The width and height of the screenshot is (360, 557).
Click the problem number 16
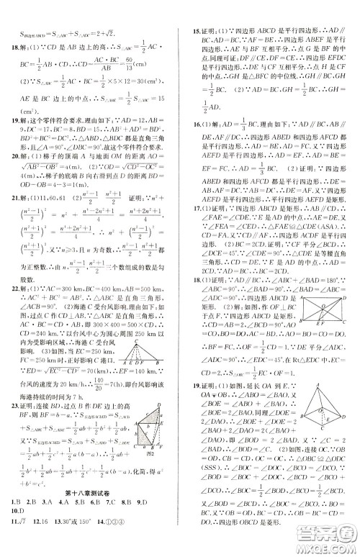pos(191,146)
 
